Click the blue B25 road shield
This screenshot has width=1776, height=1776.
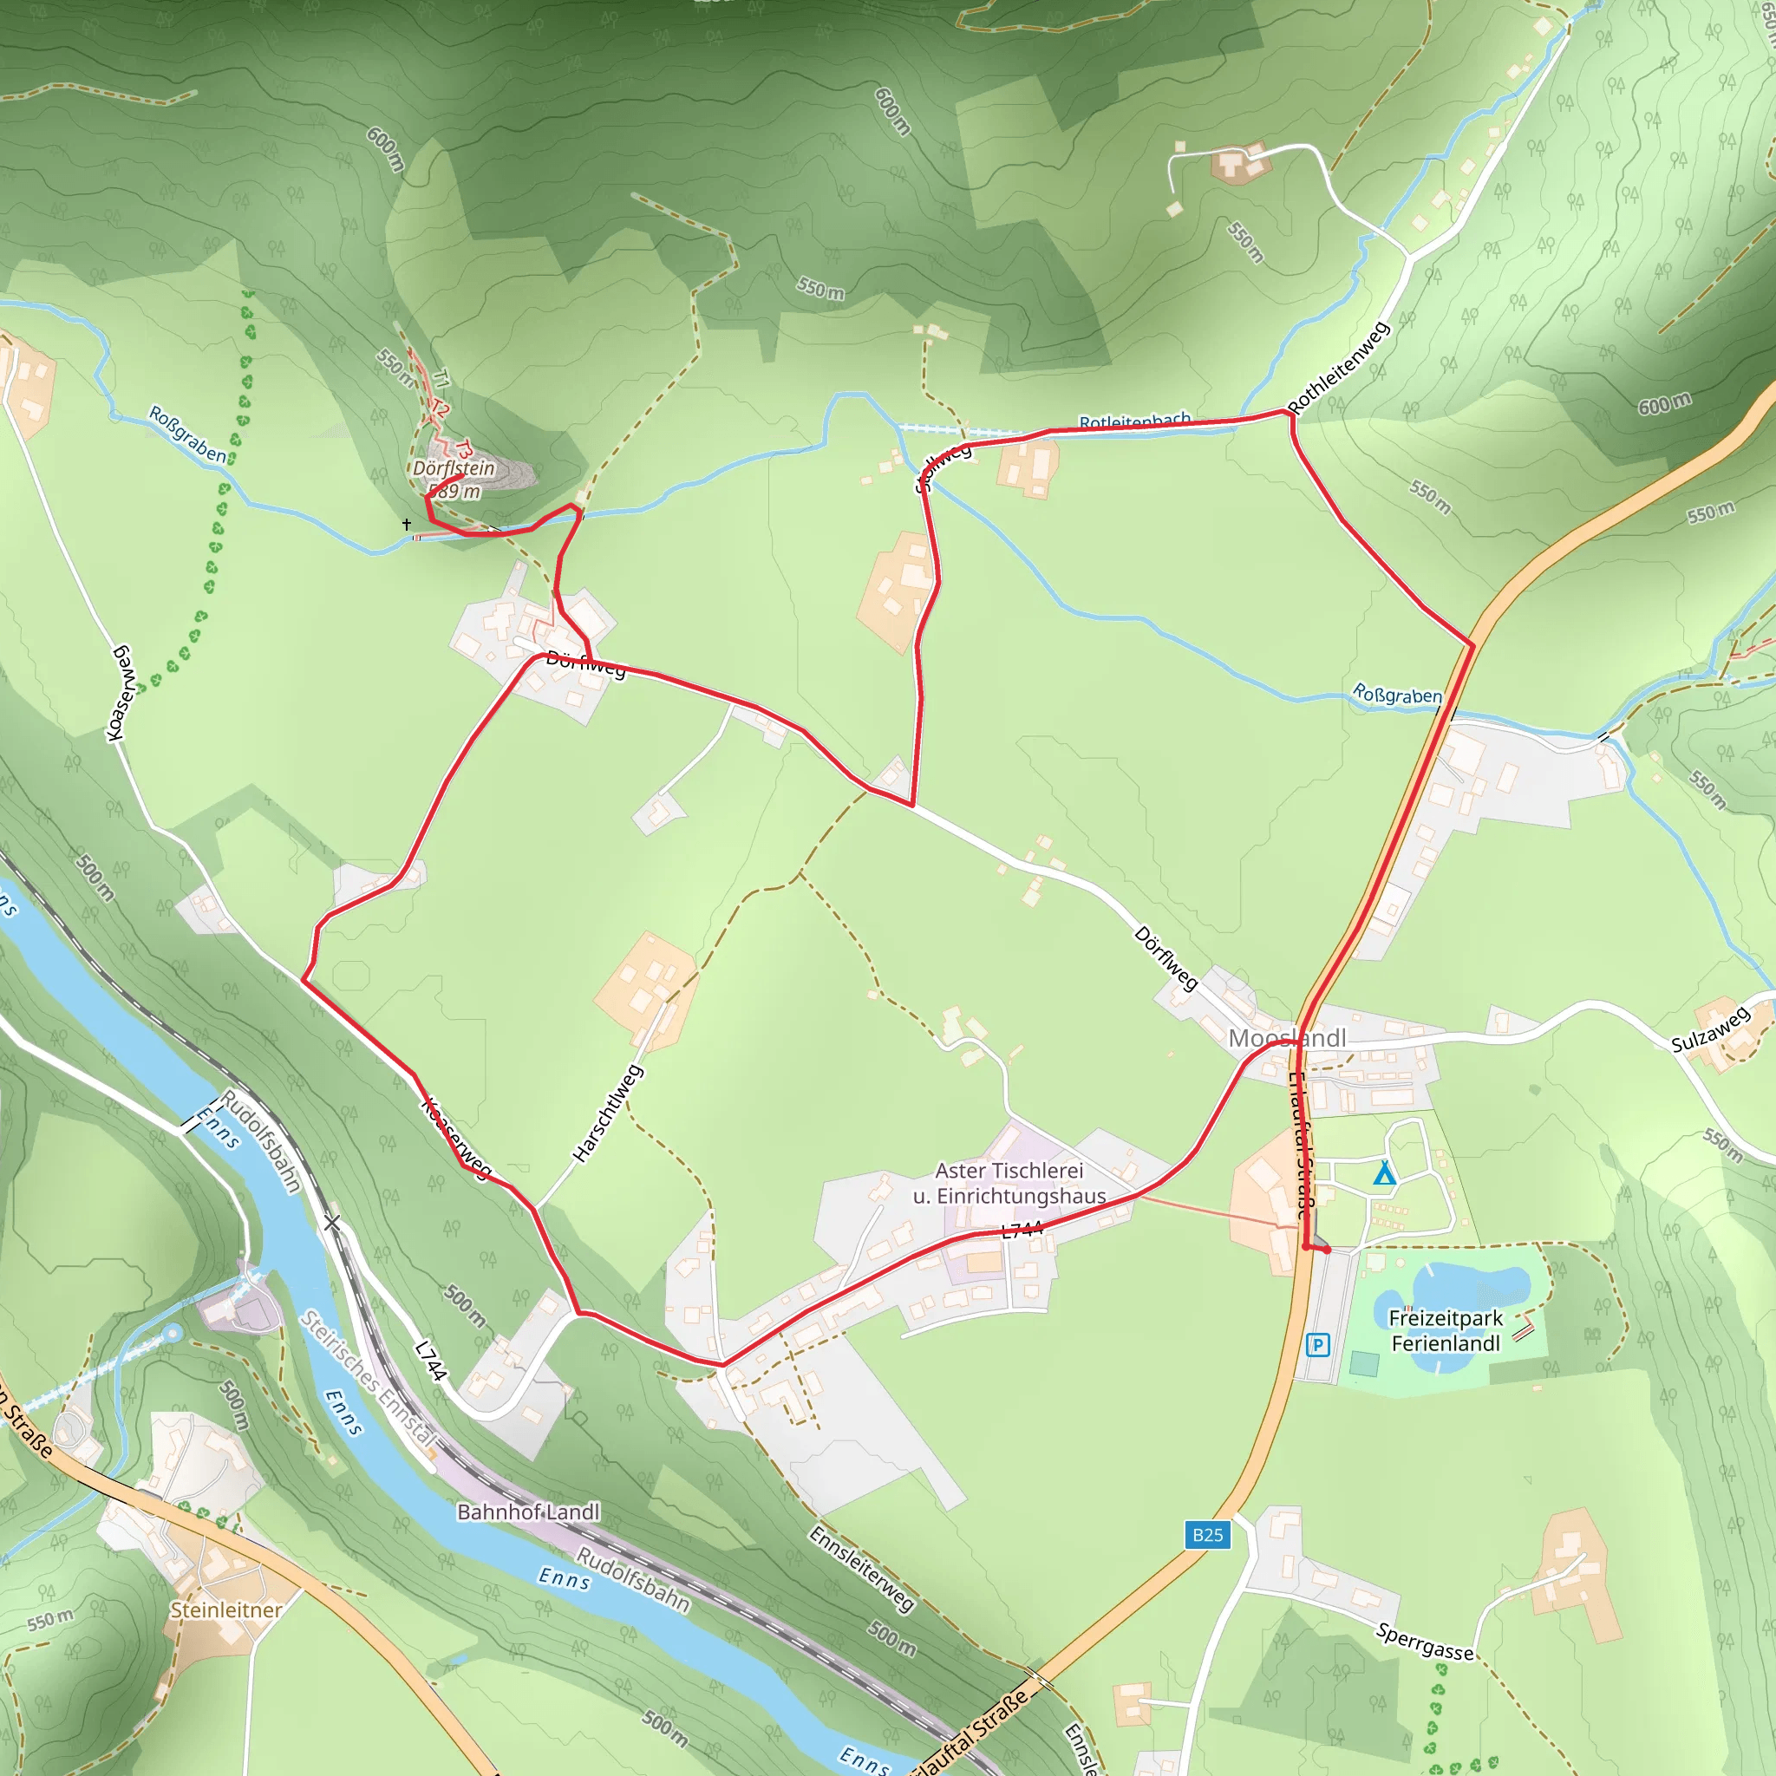1207,1534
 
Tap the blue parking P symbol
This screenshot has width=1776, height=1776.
1317,1346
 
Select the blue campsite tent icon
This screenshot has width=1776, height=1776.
1383,1174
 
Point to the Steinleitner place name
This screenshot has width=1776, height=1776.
226,1609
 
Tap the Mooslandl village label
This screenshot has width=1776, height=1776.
1287,1038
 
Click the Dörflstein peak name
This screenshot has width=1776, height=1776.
454,468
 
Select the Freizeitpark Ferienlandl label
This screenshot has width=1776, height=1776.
1446,1330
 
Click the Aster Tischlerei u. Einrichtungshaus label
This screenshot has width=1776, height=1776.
1009,1183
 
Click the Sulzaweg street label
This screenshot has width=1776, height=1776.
1710,1029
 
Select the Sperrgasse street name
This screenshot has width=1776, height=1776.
1425,1642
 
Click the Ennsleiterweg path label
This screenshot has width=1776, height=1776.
861,1567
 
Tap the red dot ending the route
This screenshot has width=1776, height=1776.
1328,1250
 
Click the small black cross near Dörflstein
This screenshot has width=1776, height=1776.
407,524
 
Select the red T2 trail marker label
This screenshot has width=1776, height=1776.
441,409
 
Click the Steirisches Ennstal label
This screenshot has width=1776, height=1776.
368,1379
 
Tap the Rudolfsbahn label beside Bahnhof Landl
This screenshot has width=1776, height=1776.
632,1579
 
